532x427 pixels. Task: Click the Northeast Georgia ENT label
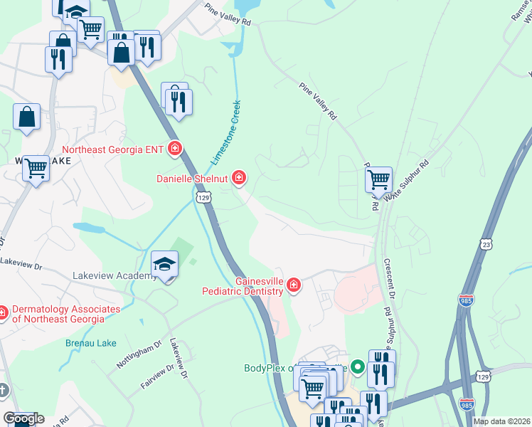click(x=113, y=149)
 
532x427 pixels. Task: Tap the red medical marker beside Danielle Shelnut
click(x=240, y=177)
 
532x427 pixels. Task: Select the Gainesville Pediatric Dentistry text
click(x=243, y=286)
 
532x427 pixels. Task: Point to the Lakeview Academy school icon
click(x=164, y=265)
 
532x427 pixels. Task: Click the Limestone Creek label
click(x=225, y=135)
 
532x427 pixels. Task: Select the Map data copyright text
click(x=501, y=421)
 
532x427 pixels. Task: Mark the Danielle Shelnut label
click(x=193, y=178)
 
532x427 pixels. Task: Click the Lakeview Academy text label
click(x=115, y=275)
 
